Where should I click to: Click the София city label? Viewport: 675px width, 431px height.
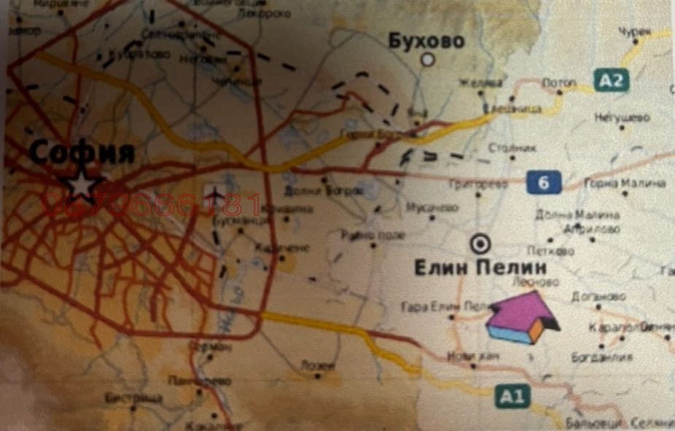pyautogui.click(x=82, y=153)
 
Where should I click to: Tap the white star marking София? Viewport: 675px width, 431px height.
pyautogui.click(x=82, y=185)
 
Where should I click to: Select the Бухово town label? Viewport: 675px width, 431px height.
pyautogui.click(x=426, y=41)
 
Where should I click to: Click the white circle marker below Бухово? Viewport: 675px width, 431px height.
pyautogui.click(x=429, y=60)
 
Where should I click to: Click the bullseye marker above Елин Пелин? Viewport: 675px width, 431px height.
pyautogui.click(x=481, y=244)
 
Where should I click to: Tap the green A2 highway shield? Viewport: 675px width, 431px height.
pyautogui.click(x=611, y=79)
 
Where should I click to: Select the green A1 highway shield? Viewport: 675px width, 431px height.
pyautogui.click(x=512, y=396)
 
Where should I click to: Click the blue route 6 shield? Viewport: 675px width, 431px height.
pyautogui.click(x=544, y=182)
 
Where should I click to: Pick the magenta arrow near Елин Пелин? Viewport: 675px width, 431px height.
pyautogui.click(x=520, y=317)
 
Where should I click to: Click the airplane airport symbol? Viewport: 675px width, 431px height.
pyautogui.click(x=214, y=194)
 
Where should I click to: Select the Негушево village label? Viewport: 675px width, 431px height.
pyautogui.click(x=621, y=117)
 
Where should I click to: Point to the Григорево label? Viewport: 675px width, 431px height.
pyautogui.click(x=478, y=185)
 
